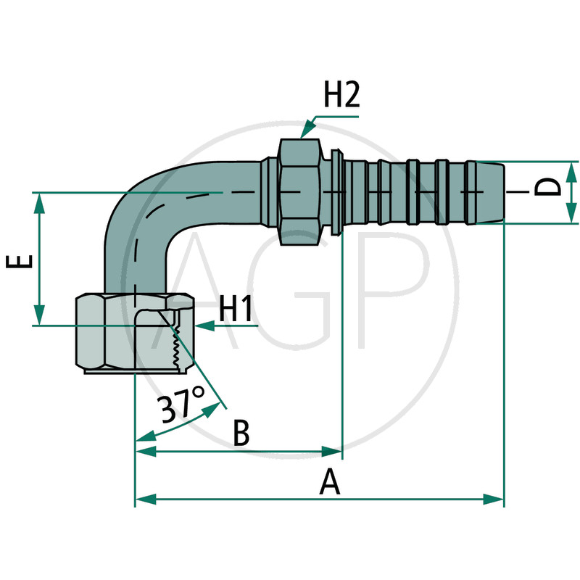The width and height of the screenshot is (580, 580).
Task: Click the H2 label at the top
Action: pyautogui.click(x=341, y=95)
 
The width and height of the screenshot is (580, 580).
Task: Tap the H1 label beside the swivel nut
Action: pyautogui.click(x=236, y=309)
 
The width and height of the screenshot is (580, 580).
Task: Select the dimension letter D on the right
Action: pyautogui.click(x=548, y=187)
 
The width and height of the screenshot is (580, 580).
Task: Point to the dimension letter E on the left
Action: pyautogui.click(x=20, y=261)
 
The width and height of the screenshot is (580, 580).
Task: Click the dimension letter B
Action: pyautogui.click(x=241, y=432)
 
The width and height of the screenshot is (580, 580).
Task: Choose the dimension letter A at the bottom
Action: pyautogui.click(x=329, y=481)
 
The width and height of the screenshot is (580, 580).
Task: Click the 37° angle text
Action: pyautogui.click(x=182, y=405)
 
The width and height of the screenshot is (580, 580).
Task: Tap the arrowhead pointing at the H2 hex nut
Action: pyautogui.click(x=307, y=130)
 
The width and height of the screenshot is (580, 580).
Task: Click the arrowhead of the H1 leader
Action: pyautogui.click(x=205, y=326)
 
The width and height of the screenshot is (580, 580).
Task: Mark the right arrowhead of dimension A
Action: pyautogui.click(x=494, y=499)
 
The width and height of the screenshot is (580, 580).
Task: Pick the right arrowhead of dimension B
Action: pyautogui.click(x=332, y=451)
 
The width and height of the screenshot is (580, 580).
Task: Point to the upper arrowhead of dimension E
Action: pyautogui.click(x=39, y=204)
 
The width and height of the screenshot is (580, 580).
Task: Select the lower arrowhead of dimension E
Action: pyautogui.click(x=39, y=315)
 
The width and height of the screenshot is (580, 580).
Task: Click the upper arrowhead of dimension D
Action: pyautogui.click(x=571, y=172)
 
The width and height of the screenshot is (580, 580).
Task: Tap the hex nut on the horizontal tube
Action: pyautogui.click(x=299, y=191)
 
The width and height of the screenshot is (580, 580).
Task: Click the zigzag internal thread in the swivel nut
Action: pyautogui.click(x=175, y=348)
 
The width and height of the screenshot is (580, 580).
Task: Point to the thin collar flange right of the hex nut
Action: pyautogui.click(x=336, y=192)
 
